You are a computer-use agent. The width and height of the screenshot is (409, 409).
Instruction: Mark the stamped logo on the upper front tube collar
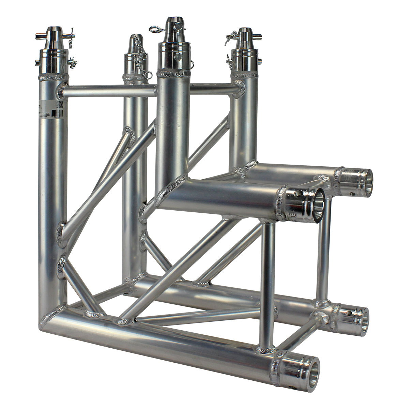point(292,215)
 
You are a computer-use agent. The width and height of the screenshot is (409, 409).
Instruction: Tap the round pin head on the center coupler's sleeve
point(177,57)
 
